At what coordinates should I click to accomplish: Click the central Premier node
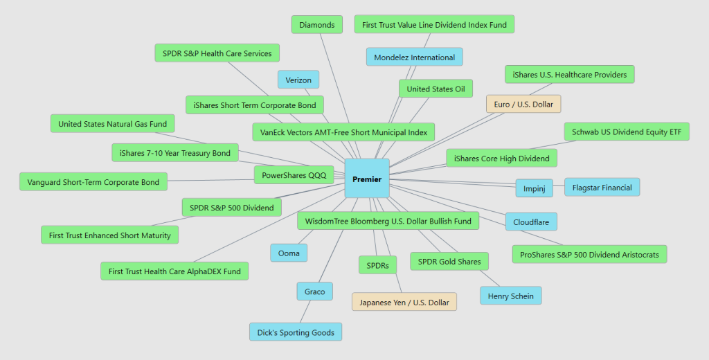pos(367,179)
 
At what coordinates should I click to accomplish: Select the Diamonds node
pos(316,25)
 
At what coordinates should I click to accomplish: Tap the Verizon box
pos(298,80)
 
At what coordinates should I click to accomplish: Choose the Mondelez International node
pos(414,57)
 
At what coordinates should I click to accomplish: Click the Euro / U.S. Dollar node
pos(523,104)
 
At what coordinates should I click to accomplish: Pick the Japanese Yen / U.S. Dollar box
pos(404,303)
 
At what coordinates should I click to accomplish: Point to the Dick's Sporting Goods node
pos(296,332)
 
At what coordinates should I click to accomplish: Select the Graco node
pos(314,291)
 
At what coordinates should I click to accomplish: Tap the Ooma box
pos(289,253)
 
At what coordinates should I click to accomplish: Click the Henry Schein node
pos(510,296)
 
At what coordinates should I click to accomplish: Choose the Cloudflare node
pos(531,222)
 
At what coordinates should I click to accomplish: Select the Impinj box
pos(534,188)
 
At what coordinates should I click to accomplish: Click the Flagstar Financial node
pos(602,187)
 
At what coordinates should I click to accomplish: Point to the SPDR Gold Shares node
pos(449,262)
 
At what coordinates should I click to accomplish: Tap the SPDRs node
pos(377,265)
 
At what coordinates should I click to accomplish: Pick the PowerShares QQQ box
pos(294,175)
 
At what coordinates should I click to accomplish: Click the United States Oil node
pos(436,89)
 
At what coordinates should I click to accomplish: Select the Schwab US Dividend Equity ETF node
pos(626,132)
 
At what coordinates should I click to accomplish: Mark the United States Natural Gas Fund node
pos(112,124)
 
